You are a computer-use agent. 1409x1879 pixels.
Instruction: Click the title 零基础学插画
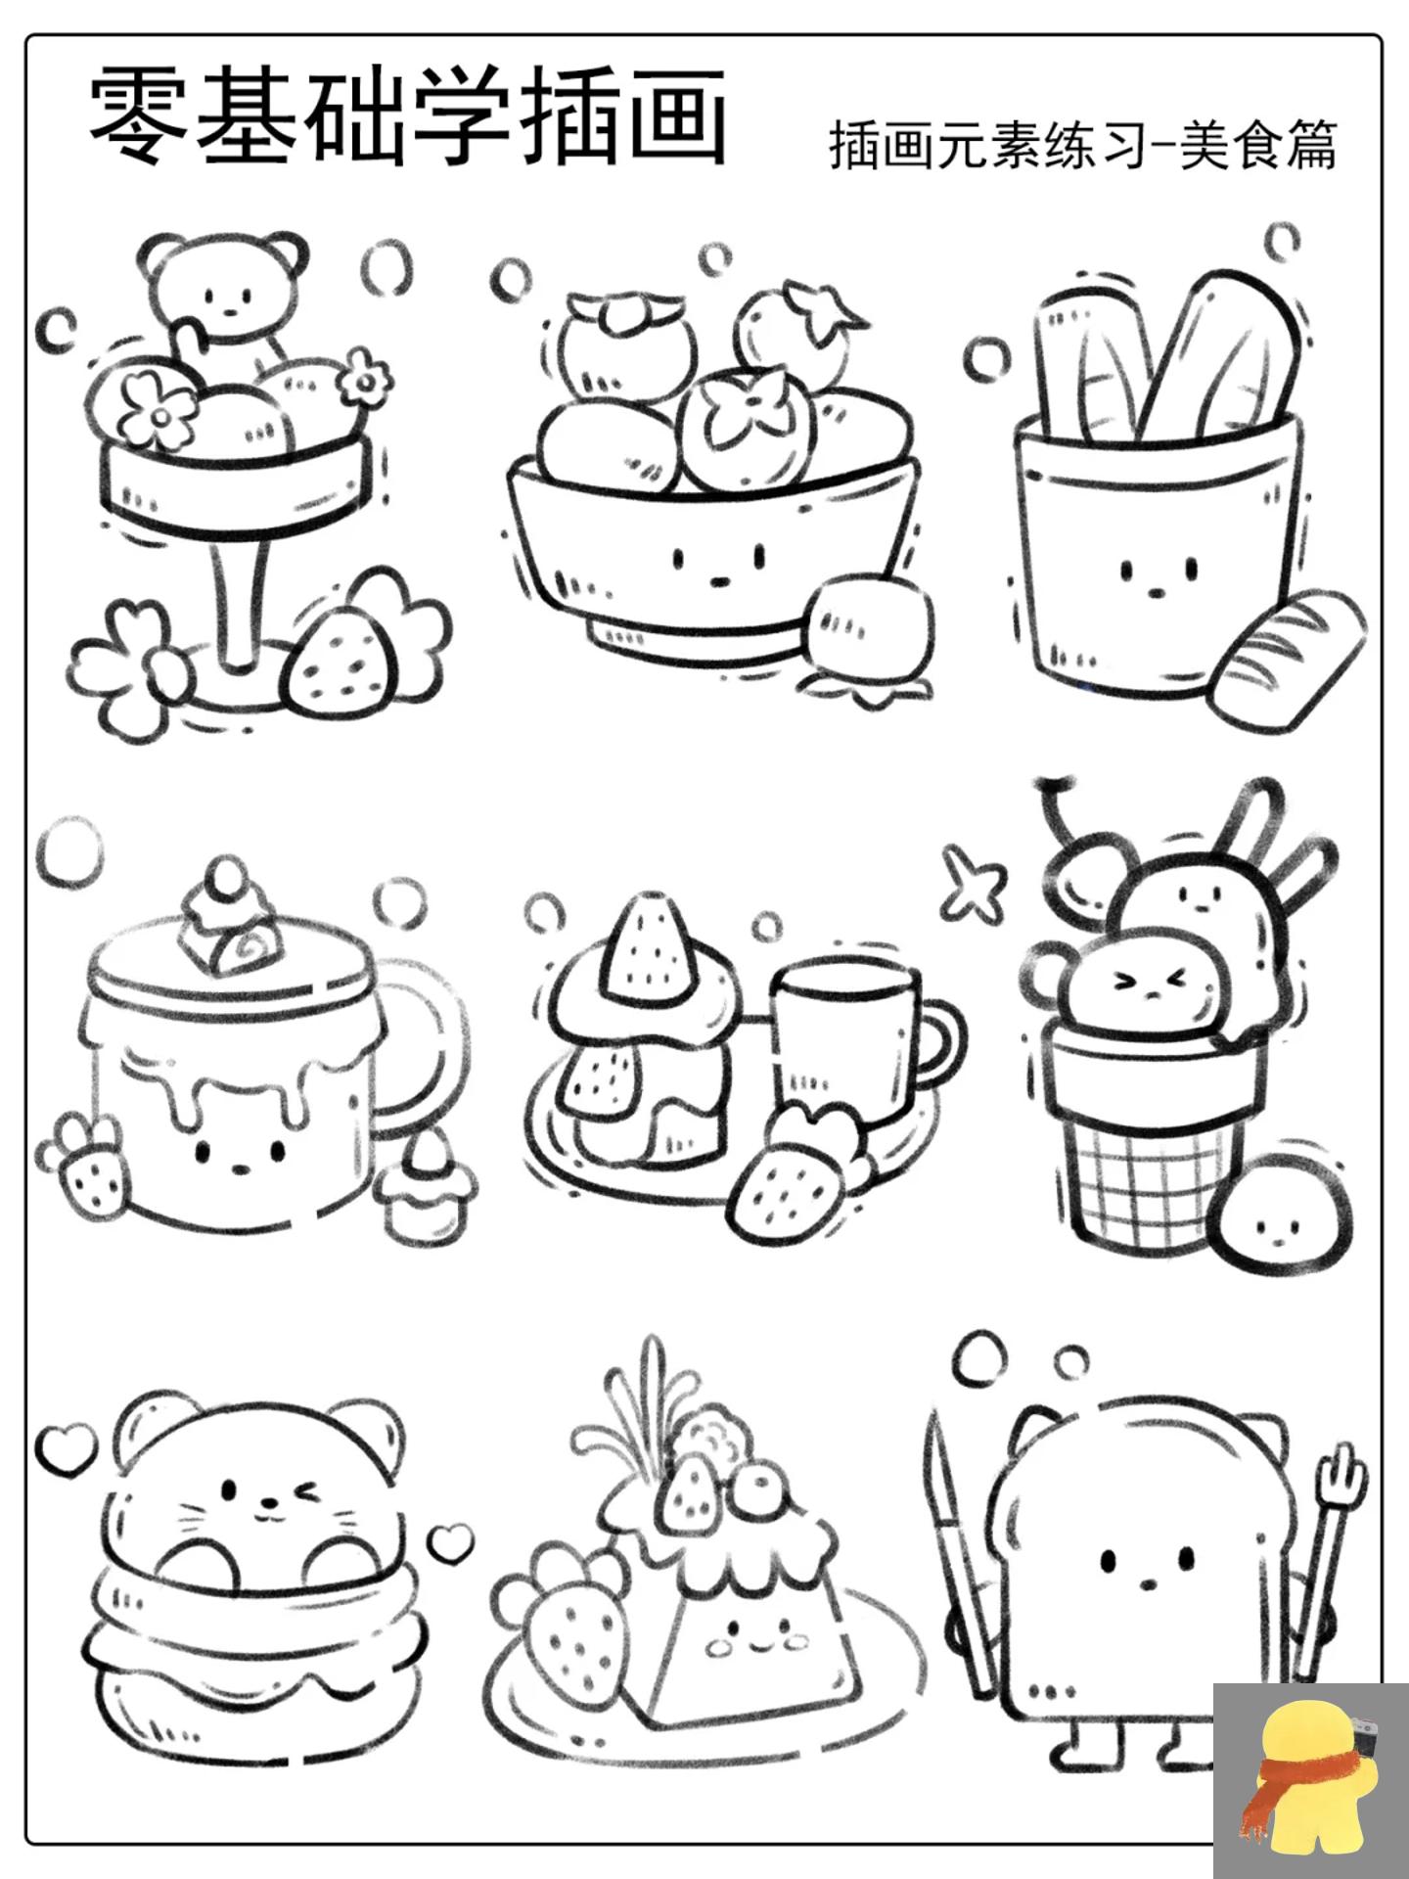[409, 117]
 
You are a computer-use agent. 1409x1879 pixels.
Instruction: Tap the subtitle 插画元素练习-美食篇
[1082, 145]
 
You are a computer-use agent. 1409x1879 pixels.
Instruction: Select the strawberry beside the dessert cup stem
[338, 656]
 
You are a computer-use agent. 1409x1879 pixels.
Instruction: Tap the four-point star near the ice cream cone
[973, 881]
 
